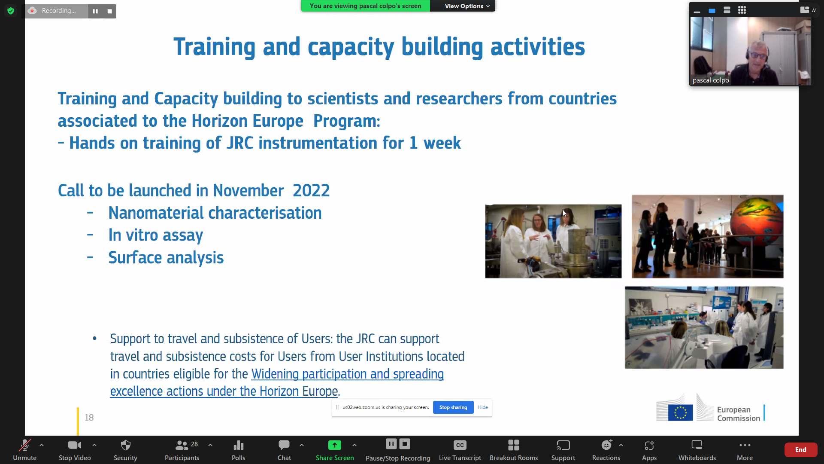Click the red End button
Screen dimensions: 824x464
800,449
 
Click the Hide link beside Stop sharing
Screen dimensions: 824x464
483,407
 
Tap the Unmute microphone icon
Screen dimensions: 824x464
24,445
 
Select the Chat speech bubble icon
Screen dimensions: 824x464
284,445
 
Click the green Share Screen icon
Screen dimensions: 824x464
335,445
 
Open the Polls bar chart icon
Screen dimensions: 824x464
239,445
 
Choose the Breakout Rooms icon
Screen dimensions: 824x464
514,445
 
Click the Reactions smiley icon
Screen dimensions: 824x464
606,445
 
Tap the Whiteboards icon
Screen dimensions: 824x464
697,445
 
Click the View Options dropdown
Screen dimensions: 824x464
467,6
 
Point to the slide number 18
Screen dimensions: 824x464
89,418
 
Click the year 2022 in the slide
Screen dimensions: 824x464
311,190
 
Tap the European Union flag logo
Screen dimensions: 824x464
680,412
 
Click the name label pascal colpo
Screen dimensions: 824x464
711,80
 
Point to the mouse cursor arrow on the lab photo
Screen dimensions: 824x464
565,213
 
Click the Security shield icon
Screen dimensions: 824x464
125,445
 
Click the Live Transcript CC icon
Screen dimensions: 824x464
460,445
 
